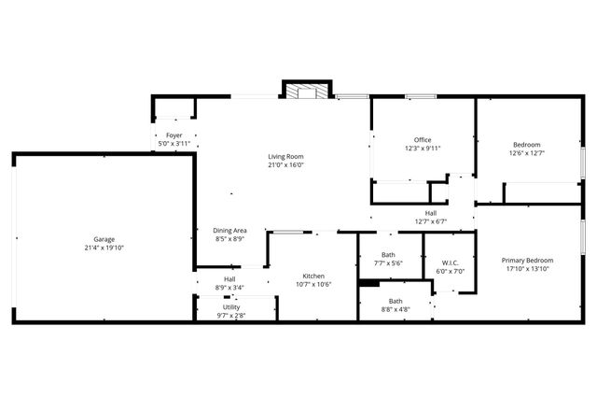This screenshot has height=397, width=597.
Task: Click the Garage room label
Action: pos(104,239)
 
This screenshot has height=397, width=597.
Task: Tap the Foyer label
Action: pos(174,135)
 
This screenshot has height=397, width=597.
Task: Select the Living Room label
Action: pos(286,156)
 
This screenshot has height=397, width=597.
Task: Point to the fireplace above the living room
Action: pos(305,92)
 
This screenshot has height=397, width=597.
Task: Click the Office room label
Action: pos(423,139)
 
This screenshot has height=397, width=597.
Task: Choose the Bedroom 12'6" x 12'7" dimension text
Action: pos(527,153)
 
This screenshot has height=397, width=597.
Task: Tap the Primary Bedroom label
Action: pos(527,261)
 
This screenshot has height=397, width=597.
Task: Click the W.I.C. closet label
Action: pos(450,262)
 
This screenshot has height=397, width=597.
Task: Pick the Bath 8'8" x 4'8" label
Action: pos(396,301)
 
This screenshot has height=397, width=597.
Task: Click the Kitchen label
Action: pos(313,276)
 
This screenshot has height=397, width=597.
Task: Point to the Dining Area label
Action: pos(229,230)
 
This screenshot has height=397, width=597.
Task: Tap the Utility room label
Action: pos(231,306)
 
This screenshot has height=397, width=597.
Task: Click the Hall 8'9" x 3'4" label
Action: pos(229,278)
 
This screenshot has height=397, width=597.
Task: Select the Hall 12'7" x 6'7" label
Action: pos(431,213)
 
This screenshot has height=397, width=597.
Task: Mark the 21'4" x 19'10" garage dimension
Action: pos(104,248)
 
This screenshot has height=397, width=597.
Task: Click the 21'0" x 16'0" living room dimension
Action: pos(286,164)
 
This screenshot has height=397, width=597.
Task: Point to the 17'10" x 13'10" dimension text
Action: pos(527,269)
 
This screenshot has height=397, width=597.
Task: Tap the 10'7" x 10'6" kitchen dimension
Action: pos(313,284)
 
